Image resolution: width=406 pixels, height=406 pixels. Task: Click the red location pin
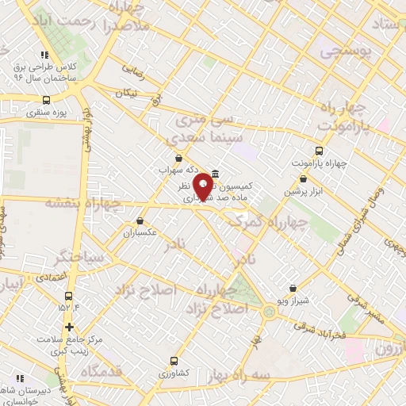(x=203, y=186)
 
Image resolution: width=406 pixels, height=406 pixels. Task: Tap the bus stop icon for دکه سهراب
(x=178, y=158)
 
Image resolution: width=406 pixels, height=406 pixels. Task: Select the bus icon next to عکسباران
(x=140, y=221)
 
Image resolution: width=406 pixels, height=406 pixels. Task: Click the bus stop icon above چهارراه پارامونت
(x=320, y=151)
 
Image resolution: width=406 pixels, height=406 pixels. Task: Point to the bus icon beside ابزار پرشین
(x=289, y=192)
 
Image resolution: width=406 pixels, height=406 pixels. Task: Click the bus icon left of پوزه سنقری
(x=46, y=101)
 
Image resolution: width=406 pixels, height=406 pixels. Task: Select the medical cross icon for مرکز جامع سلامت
(x=70, y=326)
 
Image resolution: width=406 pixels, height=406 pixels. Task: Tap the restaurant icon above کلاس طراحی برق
(x=45, y=55)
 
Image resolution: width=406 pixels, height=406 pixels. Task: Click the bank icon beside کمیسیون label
(x=216, y=172)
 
